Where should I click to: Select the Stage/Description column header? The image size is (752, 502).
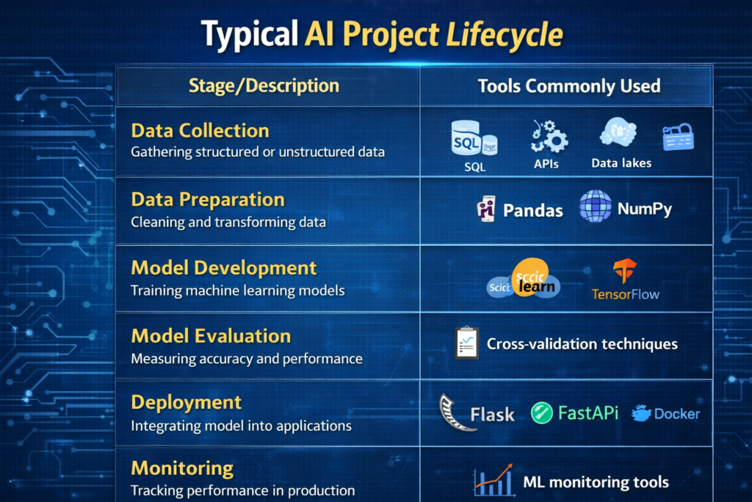(x=264, y=85)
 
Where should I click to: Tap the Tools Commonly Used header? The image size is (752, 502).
(x=568, y=86)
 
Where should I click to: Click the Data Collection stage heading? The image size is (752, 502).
(x=200, y=131)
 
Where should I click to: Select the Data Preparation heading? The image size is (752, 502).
(x=208, y=199)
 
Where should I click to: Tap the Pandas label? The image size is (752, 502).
(x=532, y=211)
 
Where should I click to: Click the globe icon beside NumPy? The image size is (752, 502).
(x=595, y=206)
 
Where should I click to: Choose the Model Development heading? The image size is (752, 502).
(x=223, y=268)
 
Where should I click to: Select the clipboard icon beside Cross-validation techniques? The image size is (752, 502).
(x=466, y=343)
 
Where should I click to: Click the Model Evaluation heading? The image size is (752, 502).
(x=211, y=336)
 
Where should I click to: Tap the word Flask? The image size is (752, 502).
(x=493, y=415)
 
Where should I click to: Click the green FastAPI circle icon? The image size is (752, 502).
(x=541, y=413)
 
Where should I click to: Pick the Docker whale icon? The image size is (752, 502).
(x=642, y=413)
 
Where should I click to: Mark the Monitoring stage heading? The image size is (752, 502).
(x=182, y=468)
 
